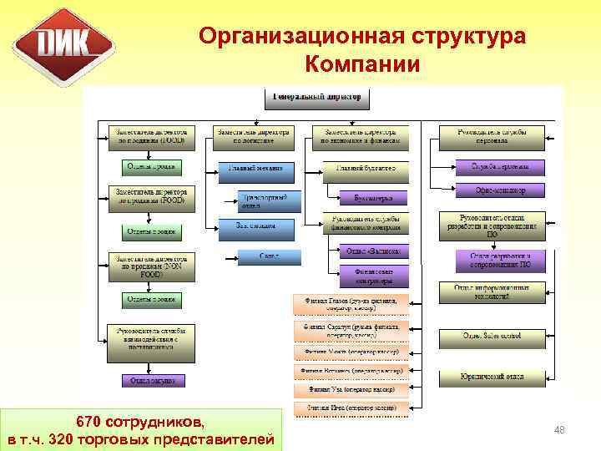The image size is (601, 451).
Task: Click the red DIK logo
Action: coord(63,46)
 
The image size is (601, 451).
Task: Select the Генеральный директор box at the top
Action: coord(317,98)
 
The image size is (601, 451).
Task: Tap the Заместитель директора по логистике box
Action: coord(254,137)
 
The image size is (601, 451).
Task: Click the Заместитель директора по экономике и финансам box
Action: coord(361,137)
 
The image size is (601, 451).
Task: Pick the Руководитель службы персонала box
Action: coord(492,137)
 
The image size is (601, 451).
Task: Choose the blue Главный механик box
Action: coord(256,170)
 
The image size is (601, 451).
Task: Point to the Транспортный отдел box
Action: coord(263,200)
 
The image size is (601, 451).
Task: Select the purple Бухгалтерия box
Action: coord(375,198)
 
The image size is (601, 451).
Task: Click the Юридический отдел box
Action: coord(492,378)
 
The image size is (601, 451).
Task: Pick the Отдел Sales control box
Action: coord(492,336)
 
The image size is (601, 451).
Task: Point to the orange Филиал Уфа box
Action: coord(351,389)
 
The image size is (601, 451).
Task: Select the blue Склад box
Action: coord(269,255)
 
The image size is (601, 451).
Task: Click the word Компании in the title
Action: coord(362,64)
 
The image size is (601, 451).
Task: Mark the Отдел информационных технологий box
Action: coord(492,292)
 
